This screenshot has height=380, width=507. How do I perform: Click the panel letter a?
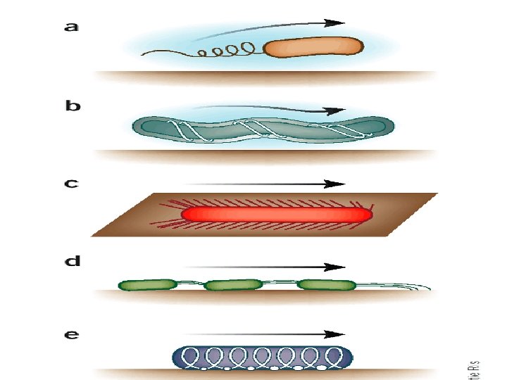pos(71,28)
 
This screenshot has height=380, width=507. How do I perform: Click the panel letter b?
pos(73,107)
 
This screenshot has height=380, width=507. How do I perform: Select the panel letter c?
pos(71,184)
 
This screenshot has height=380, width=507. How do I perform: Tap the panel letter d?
pos(73,262)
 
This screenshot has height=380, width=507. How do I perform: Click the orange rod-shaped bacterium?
pos(314,47)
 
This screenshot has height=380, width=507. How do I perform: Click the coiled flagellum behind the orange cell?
pos(225,51)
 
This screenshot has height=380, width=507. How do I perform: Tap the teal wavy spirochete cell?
pos(264,127)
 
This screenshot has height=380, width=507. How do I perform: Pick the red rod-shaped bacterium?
pos(276,214)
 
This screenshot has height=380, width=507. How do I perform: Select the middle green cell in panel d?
pos(232,285)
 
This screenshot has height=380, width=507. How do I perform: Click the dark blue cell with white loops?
pos(263,357)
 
